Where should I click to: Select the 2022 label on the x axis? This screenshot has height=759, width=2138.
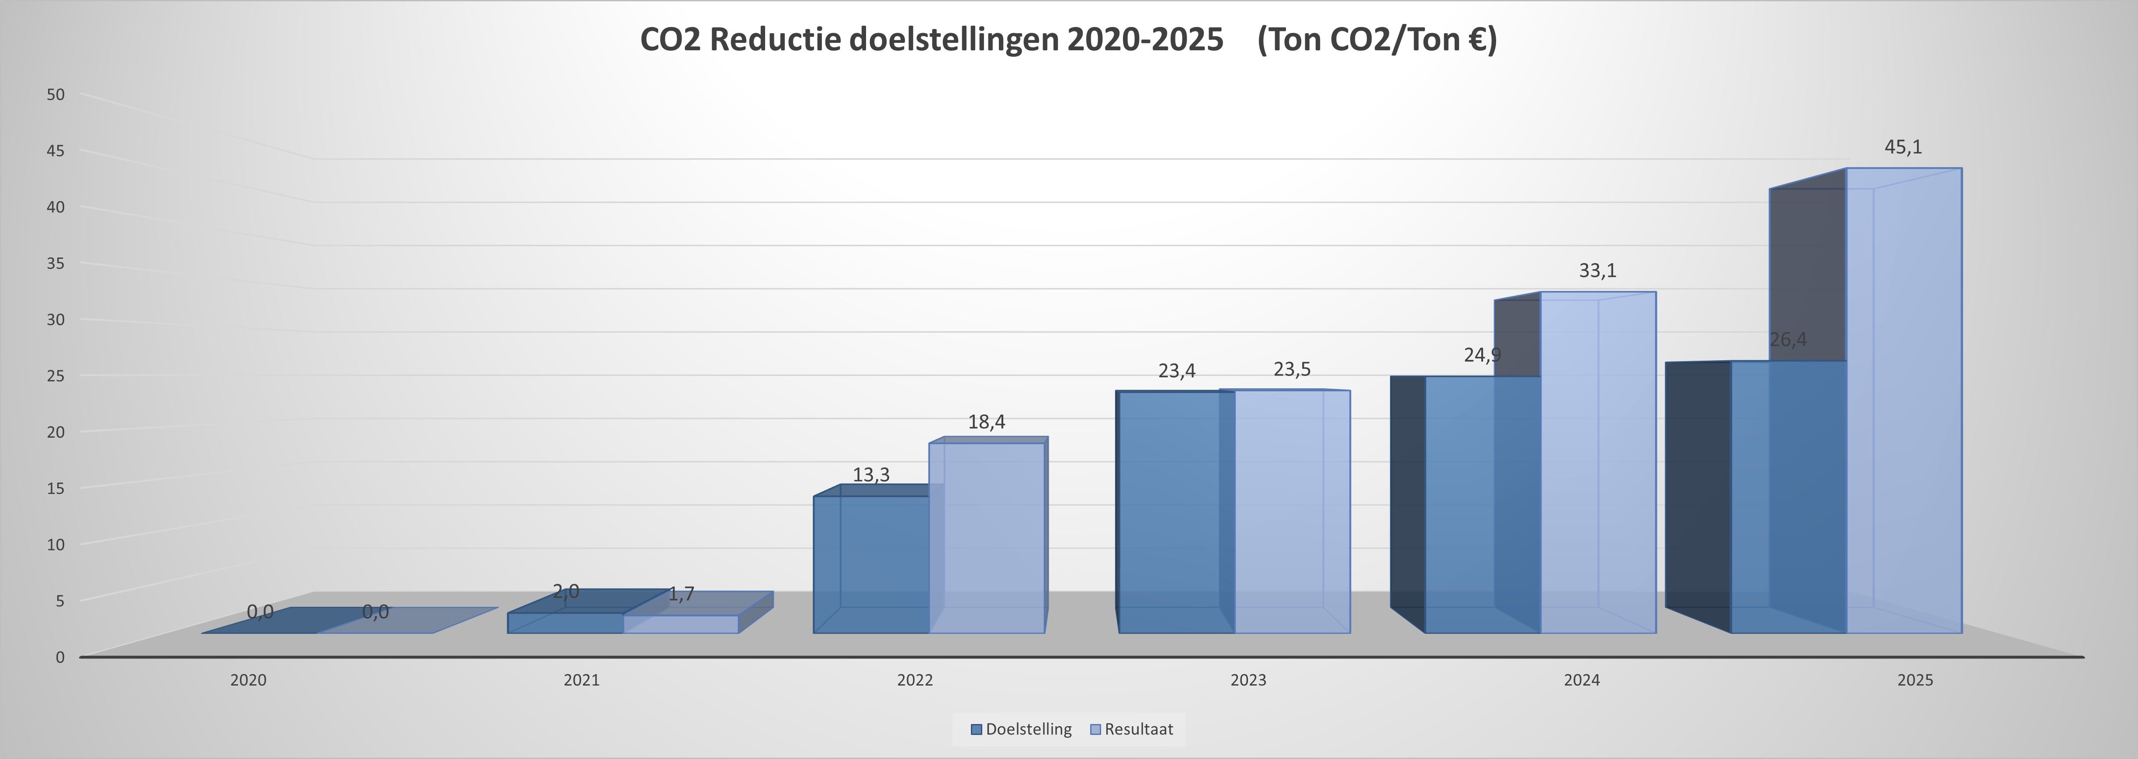[x=915, y=680]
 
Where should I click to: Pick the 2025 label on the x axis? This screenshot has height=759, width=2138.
[x=1915, y=680]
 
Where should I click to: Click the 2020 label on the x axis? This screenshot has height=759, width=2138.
[x=248, y=680]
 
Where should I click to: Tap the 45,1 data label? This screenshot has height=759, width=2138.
[x=1903, y=147]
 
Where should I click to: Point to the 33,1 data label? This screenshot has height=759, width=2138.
[x=1597, y=271]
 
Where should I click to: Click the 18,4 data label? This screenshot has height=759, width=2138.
[x=986, y=422]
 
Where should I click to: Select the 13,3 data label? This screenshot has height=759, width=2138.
[x=871, y=475]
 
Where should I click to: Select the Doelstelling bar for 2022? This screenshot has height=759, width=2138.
[x=871, y=565]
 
